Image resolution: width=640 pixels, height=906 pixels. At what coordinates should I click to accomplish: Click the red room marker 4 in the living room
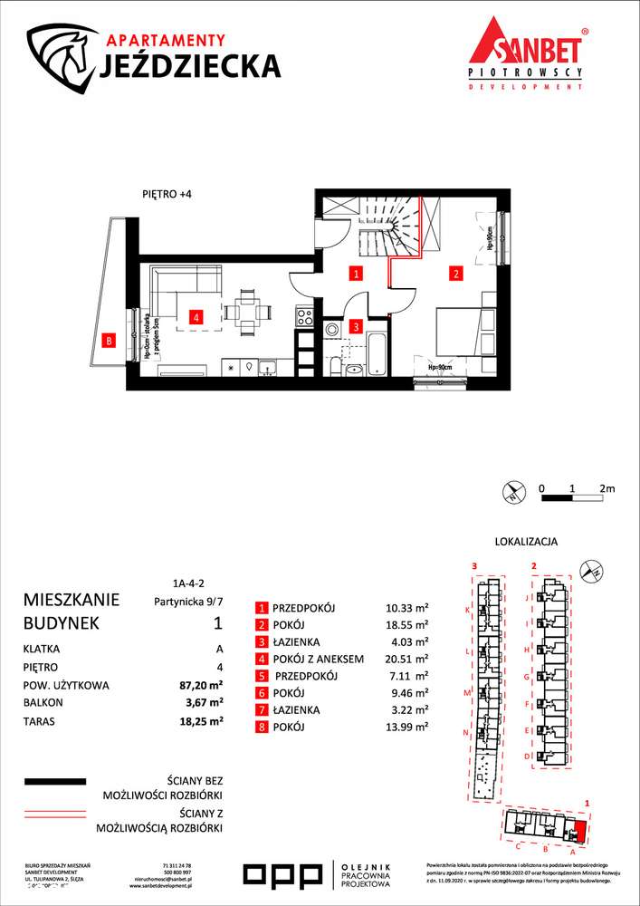coord(195,317)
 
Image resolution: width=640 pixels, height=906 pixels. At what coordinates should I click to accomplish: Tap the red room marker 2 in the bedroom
coord(457,272)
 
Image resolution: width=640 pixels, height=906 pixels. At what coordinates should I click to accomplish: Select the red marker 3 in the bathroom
coord(358,326)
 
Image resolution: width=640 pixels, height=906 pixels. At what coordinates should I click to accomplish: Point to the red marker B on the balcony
coord(110,342)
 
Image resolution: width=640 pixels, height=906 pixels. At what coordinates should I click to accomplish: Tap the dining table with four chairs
coord(247,313)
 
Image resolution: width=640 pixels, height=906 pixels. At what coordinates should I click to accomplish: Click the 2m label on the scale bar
coord(607,488)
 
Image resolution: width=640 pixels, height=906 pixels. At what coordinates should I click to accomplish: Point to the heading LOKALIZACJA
coord(526,541)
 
